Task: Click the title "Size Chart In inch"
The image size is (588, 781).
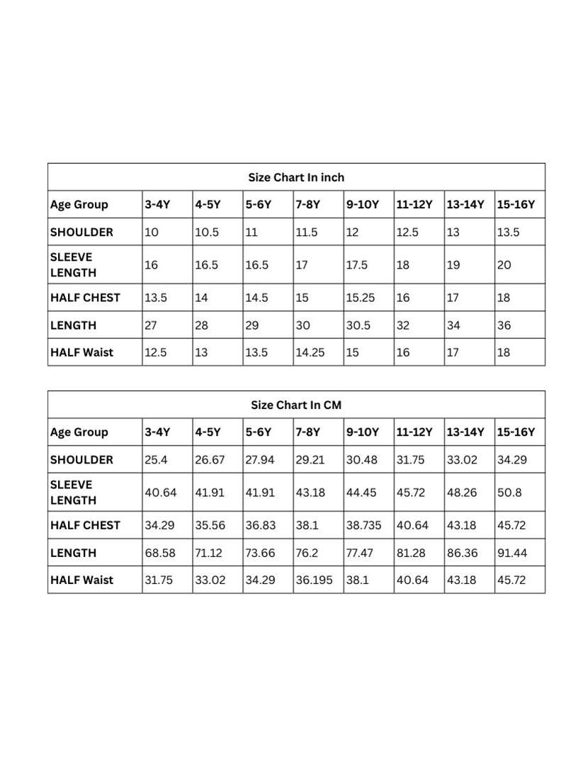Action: pos(296,177)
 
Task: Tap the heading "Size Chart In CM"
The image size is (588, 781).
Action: pos(296,405)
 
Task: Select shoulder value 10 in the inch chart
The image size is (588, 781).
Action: pos(152,232)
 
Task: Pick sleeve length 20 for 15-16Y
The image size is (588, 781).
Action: pos(504,265)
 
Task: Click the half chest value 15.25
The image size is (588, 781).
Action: pos(360,298)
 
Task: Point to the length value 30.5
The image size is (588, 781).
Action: pos(358,325)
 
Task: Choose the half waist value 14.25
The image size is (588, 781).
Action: pos(310,352)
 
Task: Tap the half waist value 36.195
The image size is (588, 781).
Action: pos(314,580)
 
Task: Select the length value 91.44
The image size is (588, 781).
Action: pos(512,553)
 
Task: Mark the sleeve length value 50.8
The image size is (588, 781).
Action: pos(509,493)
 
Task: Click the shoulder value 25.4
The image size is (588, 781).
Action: pos(156,459)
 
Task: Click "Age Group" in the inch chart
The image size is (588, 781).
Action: pos(79,205)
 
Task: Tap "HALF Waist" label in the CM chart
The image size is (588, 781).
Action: pos(81,580)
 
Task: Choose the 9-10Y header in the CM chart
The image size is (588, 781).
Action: pos(363,432)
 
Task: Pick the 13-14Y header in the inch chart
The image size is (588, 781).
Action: pos(465,205)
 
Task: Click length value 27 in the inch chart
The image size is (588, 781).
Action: pos(152,325)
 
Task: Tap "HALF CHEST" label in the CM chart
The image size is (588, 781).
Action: pos(85,525)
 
